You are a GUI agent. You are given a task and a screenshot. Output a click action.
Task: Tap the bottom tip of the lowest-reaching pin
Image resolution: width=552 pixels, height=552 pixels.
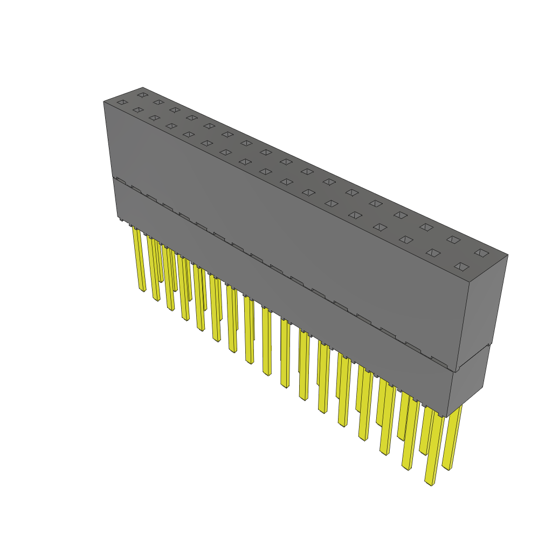(430, 482)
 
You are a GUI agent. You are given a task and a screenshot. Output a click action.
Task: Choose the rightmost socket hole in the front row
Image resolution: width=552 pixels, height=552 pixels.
(461, 266)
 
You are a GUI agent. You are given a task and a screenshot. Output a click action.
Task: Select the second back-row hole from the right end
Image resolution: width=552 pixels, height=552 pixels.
(453, 239)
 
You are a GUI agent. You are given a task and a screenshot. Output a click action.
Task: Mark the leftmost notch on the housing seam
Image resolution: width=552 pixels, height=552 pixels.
(121, 181)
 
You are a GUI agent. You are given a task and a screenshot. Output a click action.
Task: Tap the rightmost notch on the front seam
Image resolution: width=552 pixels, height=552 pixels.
(439, 361)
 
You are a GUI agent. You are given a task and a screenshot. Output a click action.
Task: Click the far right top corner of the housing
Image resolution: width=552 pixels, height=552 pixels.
(508, 256)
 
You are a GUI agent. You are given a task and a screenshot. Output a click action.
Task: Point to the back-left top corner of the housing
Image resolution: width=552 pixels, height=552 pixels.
(143, 87)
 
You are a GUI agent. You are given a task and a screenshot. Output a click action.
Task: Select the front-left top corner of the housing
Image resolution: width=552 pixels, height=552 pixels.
(103, 101)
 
